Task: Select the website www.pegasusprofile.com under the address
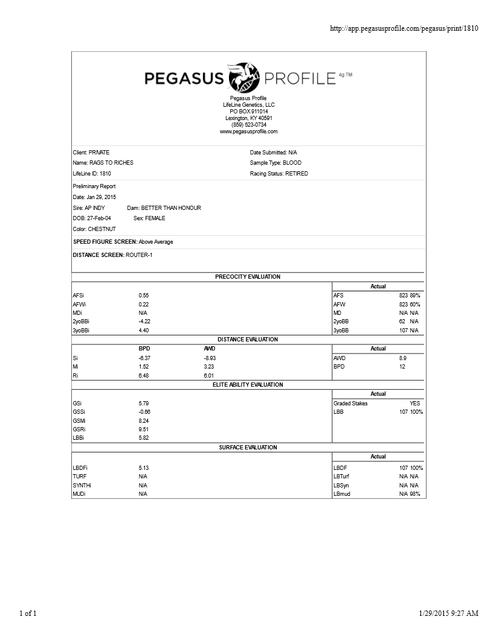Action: tap(248, 132)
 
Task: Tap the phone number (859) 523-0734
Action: tap(248, 125)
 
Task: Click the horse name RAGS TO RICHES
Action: tap(111, 163)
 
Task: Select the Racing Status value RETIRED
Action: tap(296, 174)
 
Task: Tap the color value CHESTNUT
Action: tap(101, 229)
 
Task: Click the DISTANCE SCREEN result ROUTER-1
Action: tap(140, 255)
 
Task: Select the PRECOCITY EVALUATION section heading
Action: tap(248, 277)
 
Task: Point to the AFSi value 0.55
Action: tap(143, 296)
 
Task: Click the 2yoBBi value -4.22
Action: tap(144, 322)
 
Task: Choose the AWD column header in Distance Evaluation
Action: tap(210, 349)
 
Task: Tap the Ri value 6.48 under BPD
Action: tap(144, 376)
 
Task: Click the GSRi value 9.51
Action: tap(144, 429)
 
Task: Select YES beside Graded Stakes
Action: tap(414, 404)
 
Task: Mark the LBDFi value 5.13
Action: tap(144, 468)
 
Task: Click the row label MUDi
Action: tap(79, 494)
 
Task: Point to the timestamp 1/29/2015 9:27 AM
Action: tap(448, 613)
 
